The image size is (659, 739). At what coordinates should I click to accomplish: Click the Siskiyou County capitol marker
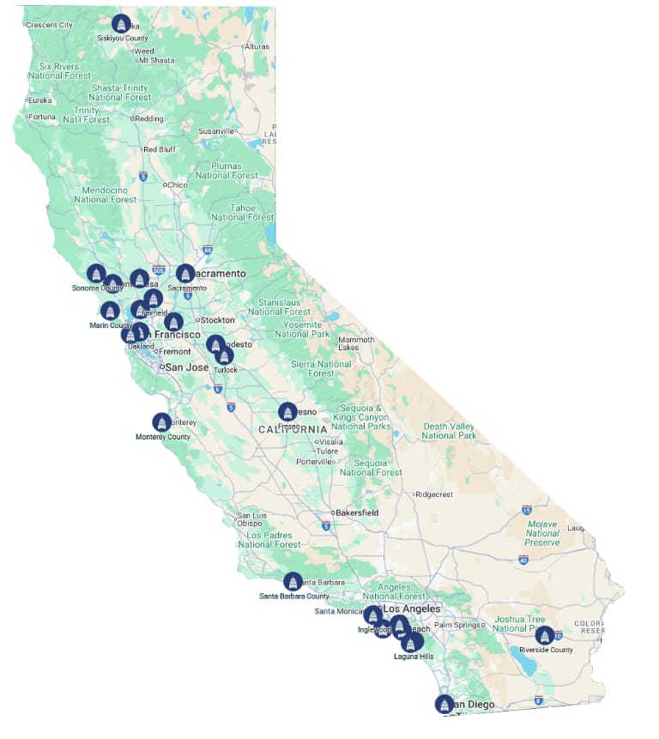121,23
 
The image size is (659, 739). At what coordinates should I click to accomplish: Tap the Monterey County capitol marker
161,422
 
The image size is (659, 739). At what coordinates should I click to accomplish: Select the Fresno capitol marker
287,412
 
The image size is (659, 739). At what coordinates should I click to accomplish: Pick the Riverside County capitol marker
544,636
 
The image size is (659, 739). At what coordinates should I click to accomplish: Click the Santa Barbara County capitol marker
293,582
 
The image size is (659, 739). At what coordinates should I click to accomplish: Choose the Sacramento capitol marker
185,274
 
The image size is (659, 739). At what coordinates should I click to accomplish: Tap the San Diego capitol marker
444,704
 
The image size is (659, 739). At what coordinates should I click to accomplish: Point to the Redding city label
149,118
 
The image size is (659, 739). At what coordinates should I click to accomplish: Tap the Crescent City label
49,25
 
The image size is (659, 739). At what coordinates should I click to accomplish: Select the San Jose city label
186,366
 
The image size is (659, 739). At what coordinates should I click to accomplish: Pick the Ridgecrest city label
433,494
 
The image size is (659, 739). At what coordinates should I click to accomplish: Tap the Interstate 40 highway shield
523,560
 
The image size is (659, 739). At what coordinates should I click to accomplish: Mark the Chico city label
177,185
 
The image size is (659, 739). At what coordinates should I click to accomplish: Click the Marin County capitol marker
110,311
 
